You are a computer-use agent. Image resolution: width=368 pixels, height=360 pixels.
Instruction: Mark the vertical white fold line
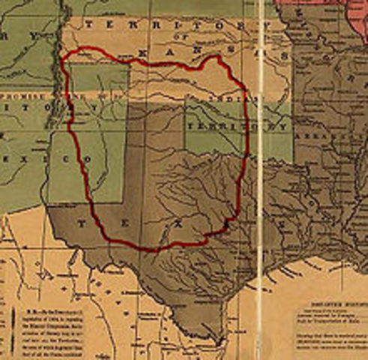pyautogui.click(x=260, y=180)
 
